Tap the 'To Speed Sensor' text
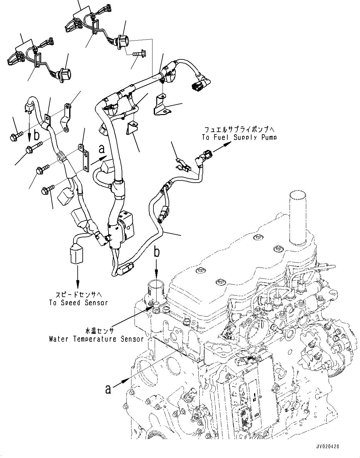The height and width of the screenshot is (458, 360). click(78, 303)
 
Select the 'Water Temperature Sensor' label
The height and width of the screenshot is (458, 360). click(96, 339)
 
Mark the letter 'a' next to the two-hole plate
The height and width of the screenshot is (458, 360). click(101, 148)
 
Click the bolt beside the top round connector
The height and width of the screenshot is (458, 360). click(139, 54)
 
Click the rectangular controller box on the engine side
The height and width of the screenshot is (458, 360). click(252, 390)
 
